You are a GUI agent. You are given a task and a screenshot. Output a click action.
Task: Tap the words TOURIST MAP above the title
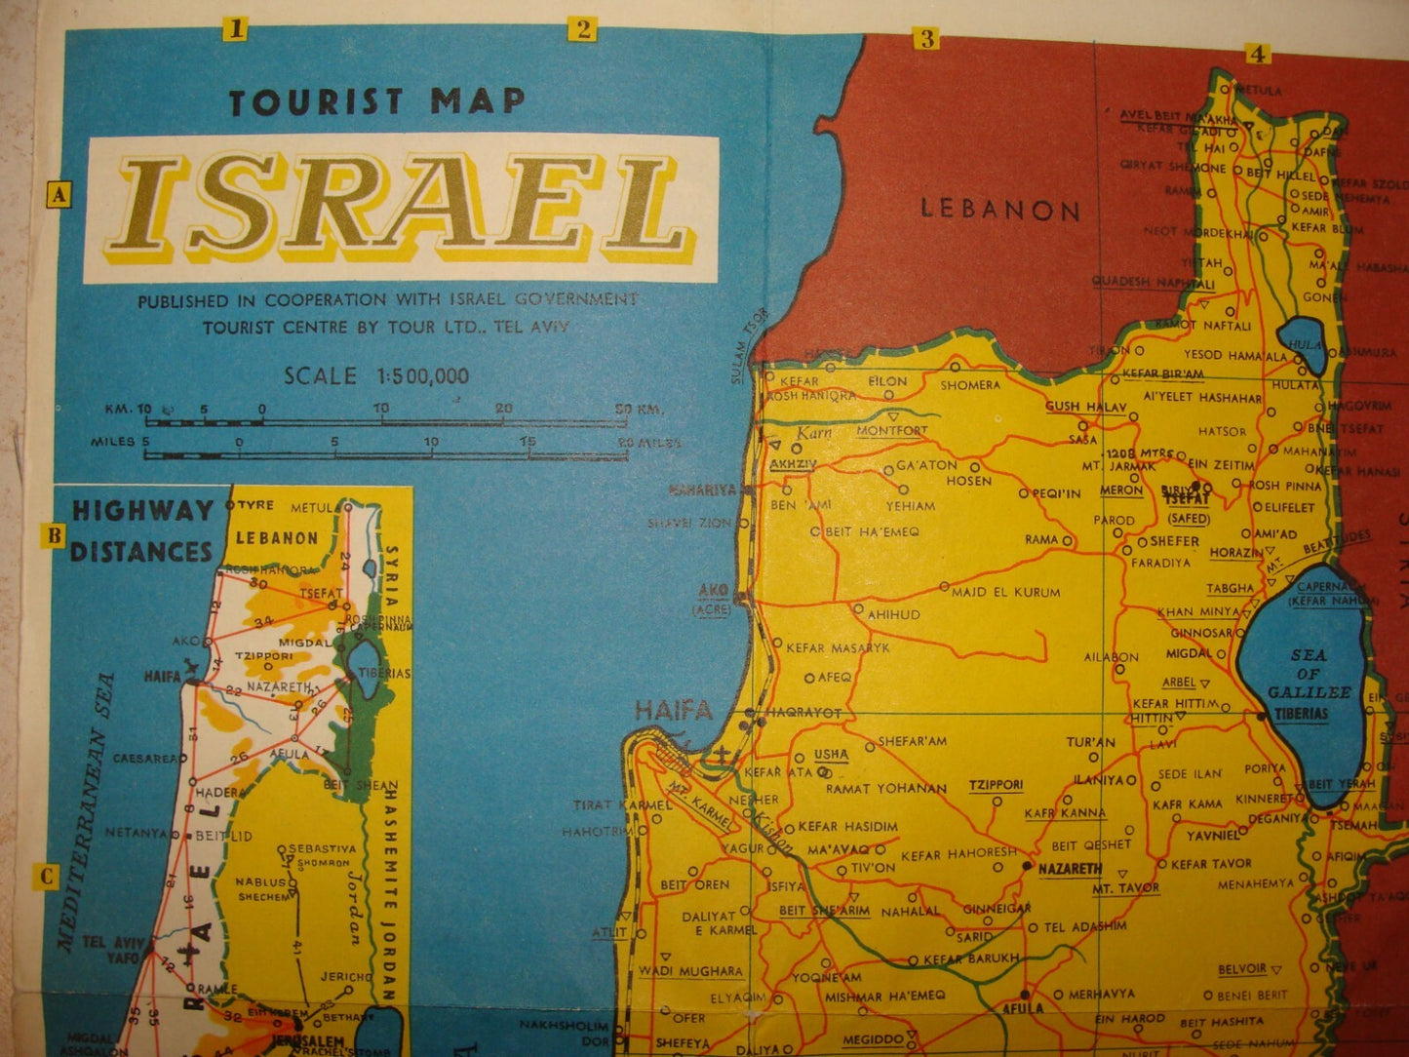[x=376, y=101]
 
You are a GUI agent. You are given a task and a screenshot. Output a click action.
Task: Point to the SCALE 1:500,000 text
[x=376, y=375]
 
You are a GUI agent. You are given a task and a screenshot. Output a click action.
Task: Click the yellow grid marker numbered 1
[x=234, y=29]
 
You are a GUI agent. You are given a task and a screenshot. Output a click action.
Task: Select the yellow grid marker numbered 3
[x=925, y=39]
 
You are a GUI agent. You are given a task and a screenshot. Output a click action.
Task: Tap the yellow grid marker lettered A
[x=59, y=195]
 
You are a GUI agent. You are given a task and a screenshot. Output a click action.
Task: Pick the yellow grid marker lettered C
[x=47, y=876]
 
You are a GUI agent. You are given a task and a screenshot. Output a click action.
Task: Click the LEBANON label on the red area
[x=1000, y=210]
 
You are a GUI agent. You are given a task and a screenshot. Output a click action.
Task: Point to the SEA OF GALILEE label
[x=1309, y=674]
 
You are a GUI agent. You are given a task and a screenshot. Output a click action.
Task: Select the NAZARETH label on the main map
[x=1070, y=868]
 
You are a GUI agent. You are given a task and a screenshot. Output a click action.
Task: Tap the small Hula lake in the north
[x=1306, y=345]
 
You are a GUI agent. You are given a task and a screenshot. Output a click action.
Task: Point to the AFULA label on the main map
[x=1023, y=1008]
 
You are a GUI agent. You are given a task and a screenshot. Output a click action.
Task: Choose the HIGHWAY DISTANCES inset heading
[x=142, y=530]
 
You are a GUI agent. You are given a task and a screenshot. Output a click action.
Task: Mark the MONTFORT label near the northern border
[x=891, y=430]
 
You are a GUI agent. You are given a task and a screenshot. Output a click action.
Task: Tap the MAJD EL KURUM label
[x=1005, y=592]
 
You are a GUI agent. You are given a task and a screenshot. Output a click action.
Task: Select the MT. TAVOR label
[x=1125, y=888]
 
